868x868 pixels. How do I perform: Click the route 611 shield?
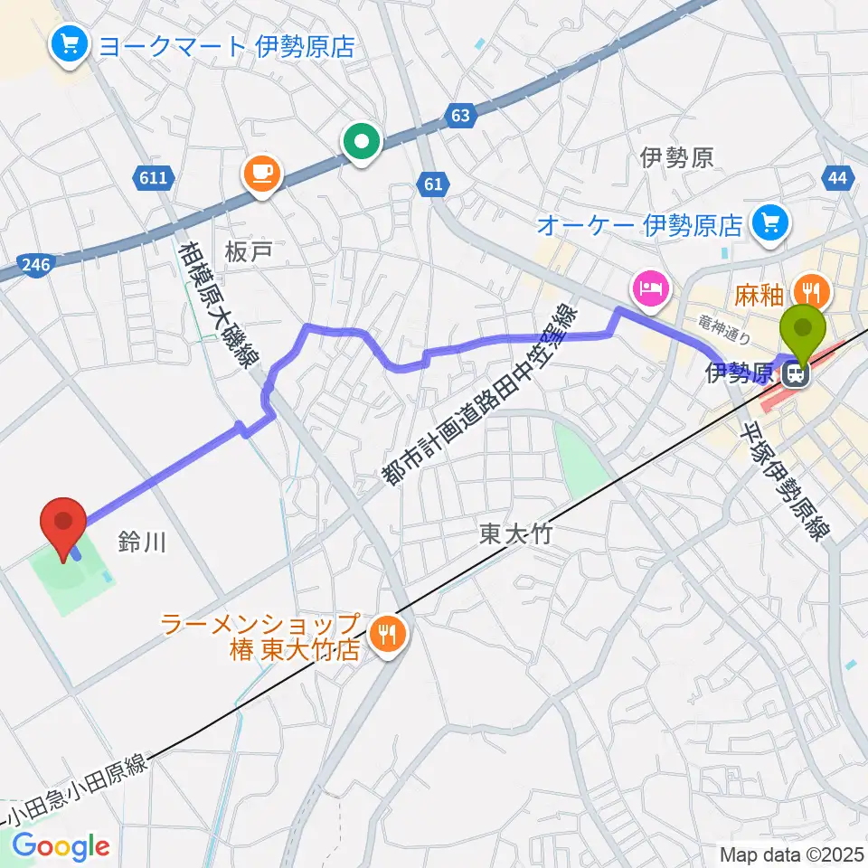click(154, 178)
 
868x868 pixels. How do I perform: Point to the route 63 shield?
click(459, 115)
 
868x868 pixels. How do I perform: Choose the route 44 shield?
click(837, 178)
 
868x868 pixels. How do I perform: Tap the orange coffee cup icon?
click(262, 173)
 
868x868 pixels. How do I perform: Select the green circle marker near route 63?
click(363, 142)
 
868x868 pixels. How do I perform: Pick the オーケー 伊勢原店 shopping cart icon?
click(772, 222)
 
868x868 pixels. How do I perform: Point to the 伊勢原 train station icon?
click(797, 373)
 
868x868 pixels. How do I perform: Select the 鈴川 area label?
click(142, 542)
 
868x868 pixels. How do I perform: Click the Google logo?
click(61, 846)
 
